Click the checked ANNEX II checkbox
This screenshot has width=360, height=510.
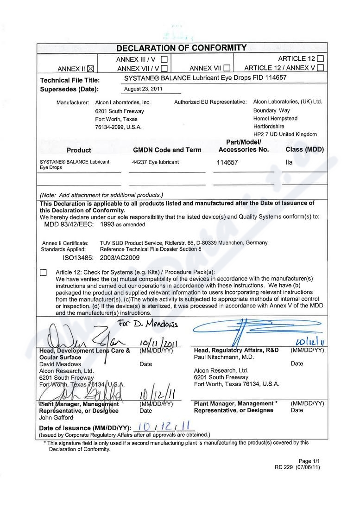(90, 69)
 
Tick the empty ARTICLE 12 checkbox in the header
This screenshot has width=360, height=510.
(321, 59)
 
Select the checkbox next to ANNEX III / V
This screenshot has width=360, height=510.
(164, 59)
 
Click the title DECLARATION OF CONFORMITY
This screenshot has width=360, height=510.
(182, 48)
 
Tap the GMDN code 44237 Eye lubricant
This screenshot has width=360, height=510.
(155, 162)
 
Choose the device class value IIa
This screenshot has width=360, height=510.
(289, 163)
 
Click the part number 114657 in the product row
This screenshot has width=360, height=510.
(227, 163)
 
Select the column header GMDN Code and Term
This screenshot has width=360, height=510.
(167, 150)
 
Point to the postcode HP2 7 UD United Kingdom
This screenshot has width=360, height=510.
(285, 134)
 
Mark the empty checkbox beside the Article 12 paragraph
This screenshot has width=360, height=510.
(44, 273)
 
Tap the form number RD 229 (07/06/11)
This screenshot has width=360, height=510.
(297, 467)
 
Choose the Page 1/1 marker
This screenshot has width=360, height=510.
(309, 461)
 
